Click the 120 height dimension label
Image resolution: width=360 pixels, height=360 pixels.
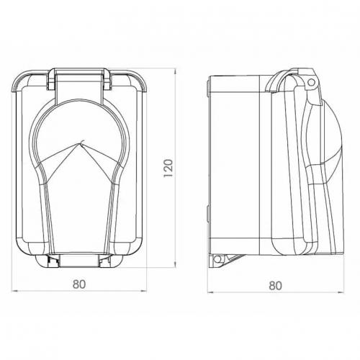point(168,168)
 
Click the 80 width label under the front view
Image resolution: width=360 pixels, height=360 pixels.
point(79,284)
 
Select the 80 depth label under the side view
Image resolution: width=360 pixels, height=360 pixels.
point(275,286)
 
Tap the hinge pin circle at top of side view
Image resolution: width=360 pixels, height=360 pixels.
point(311,83)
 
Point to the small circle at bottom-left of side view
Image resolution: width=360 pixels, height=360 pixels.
point(217,259)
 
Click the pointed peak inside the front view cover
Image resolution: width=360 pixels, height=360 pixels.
point(79,143)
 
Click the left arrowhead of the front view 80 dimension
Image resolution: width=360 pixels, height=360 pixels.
point(14,292)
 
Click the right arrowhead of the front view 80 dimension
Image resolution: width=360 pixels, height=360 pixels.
point(143,292)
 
